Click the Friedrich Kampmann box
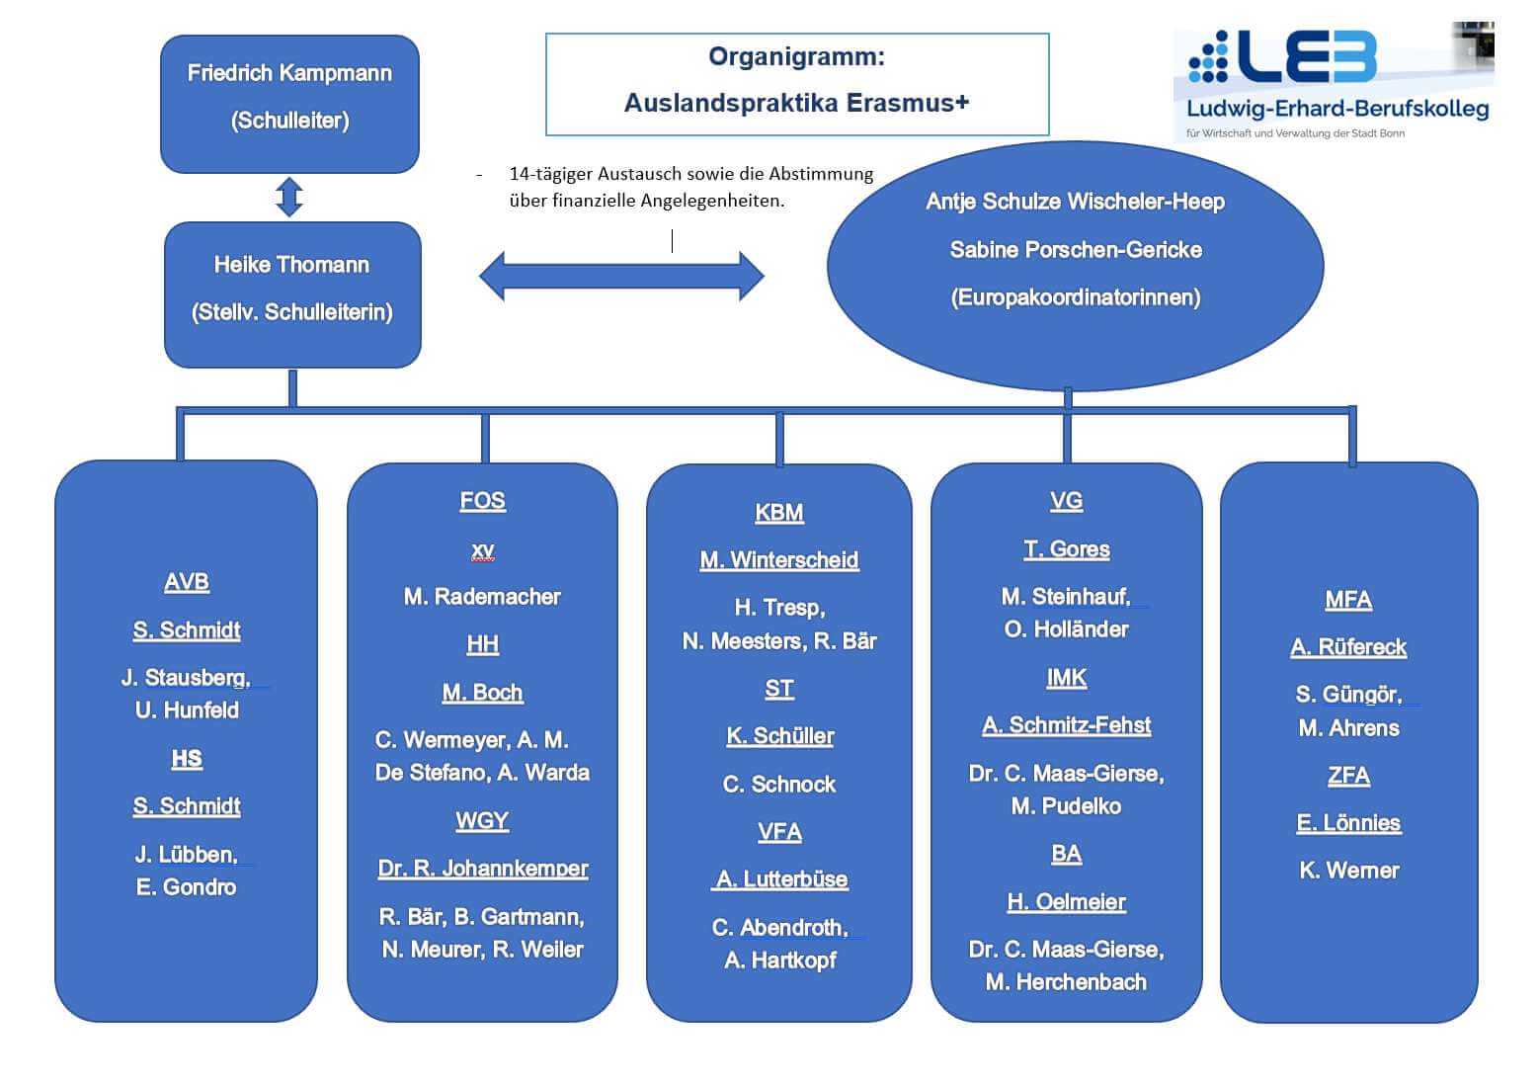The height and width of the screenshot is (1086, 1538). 289,103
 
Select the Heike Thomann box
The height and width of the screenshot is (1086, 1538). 292,293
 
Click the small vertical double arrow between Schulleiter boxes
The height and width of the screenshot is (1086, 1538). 289,197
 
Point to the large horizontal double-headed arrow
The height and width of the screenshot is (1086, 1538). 621,276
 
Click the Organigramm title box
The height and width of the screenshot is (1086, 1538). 796,84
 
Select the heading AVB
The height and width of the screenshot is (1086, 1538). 187,582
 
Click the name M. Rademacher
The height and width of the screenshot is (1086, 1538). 482,596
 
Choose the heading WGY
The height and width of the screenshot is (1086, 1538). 482,820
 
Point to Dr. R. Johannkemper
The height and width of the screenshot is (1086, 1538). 482,869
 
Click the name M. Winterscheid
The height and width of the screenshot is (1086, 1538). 779,560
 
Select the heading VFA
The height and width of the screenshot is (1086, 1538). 779,831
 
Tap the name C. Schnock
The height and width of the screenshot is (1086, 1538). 779,785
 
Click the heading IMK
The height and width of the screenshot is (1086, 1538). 1066,678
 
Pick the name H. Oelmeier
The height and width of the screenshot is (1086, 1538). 1066,901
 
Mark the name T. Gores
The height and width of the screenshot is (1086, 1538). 1066,549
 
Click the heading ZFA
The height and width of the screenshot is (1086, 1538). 1348,776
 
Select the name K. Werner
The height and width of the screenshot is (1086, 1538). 1348,871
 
